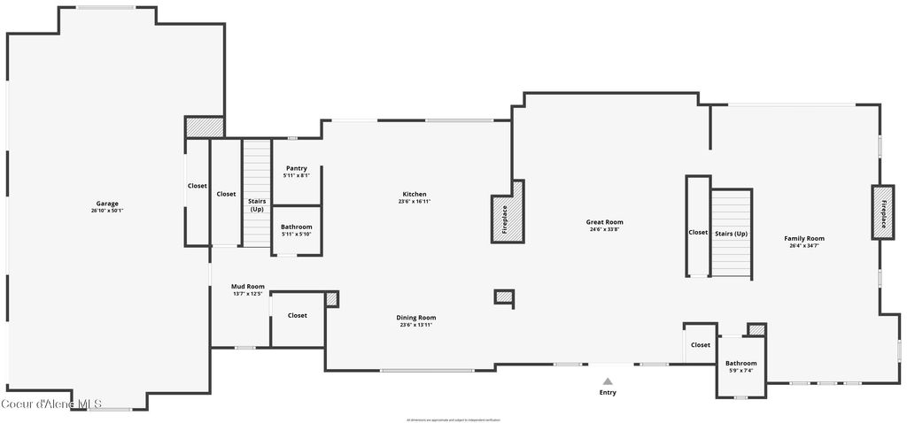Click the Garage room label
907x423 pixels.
coord(106,204)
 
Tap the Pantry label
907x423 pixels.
coord(296,168)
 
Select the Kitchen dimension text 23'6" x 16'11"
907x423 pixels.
coord(414,202)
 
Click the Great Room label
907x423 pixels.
coord(604,222)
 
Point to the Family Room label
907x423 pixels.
coord(803,238)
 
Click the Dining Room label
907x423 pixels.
coord(415,318)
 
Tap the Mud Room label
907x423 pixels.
coord(248,287)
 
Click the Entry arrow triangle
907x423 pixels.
coord(608,381)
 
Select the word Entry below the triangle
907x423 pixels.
coord(608,392)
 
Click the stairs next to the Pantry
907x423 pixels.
coord(256,195)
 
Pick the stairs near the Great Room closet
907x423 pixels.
coord(731,234)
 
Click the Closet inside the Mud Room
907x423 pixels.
coord(298,316)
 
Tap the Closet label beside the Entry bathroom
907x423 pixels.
coord(701,345)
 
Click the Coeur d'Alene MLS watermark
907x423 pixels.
coord(52,404)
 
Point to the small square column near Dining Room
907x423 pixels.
coord(504,297)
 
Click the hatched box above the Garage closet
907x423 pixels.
coord(204,128)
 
